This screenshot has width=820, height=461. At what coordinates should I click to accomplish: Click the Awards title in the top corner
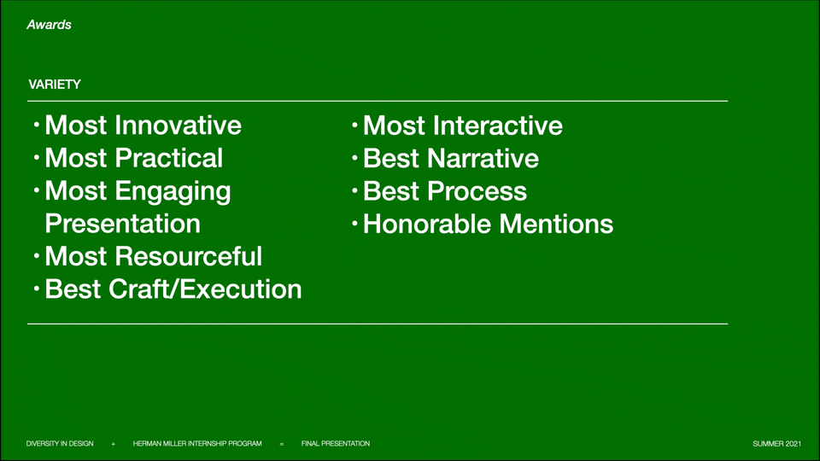click(50, 25)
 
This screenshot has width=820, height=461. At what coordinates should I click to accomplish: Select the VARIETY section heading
click(55, 85)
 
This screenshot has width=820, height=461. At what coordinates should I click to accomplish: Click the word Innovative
click(179, 125)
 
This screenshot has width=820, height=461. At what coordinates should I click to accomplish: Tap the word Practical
click(169, 158)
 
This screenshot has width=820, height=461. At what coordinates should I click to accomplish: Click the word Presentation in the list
click(123, 224)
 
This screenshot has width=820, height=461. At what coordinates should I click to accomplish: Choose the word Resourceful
click(188, 257)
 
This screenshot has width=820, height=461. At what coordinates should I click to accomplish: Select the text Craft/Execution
click(205, 289)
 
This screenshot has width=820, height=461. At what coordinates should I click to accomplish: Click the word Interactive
click(498, 126)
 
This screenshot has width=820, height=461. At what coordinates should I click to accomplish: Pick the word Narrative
click(483, 159)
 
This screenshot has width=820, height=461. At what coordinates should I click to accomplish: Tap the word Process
click(477, 191)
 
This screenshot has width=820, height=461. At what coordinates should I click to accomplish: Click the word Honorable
click(427, 225)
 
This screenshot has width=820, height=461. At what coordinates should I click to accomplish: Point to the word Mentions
click(556, 225)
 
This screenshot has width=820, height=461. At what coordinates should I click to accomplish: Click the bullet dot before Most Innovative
click(36, 125)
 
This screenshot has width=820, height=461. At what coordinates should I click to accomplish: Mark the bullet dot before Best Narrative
click(354, 158)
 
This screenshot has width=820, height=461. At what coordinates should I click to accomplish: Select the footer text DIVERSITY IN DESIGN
click(60, 444)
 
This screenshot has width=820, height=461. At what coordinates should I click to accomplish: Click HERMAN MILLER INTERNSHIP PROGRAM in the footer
click(197, 444)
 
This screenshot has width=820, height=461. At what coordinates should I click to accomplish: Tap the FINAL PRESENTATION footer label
click(335, 444)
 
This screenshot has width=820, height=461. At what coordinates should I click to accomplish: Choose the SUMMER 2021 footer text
click(776, 444)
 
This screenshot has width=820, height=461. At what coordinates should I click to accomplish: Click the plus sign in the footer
click(113, 444)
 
